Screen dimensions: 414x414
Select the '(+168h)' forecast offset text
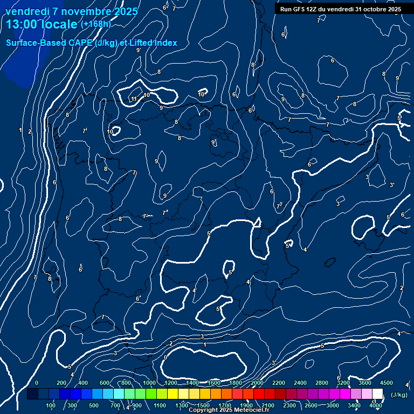click(95, 24)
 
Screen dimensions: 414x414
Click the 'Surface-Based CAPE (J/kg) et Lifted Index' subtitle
click(92, 43)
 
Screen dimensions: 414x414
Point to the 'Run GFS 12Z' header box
click(340, 9)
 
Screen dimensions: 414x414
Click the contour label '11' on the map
click(134, 99)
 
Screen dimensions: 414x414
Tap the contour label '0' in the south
click(165, 357)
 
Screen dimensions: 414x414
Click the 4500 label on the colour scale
click(387, 383)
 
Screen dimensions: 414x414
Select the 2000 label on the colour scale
click(257, 383)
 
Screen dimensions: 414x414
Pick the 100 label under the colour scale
click(51, 405)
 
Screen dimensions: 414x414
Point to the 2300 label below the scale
click(289, 405)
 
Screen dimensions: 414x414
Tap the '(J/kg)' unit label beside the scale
click(398, 395)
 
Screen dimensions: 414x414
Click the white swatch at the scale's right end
click(377, 394)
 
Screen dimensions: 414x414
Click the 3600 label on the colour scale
click(365, 383)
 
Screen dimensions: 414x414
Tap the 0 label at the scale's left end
click(37, 383)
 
